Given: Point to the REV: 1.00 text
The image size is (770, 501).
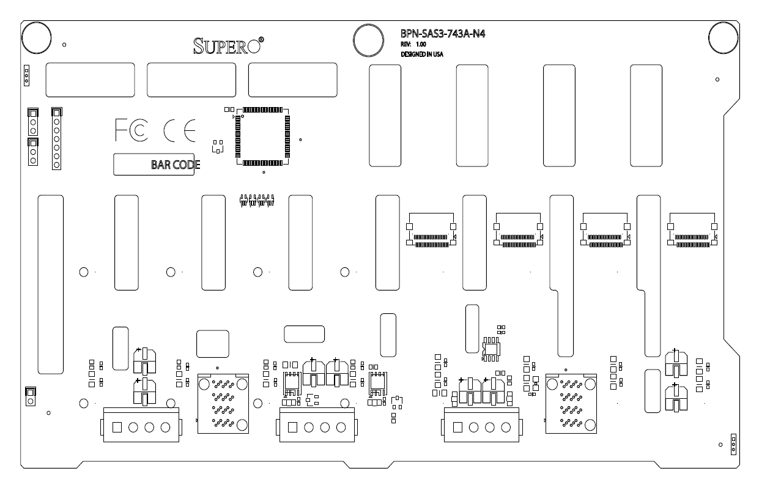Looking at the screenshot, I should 413,45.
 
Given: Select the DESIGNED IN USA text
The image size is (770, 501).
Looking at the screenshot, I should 422,54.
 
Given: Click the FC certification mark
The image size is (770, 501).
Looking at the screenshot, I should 131,129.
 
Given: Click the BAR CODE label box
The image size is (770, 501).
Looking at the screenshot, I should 154,164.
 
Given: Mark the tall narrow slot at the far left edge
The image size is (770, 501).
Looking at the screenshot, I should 50,284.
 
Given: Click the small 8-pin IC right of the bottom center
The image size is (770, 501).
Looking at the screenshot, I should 492,346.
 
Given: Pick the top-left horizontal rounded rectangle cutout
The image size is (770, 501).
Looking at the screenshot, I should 90,80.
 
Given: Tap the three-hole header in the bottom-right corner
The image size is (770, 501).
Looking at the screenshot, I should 733,446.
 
